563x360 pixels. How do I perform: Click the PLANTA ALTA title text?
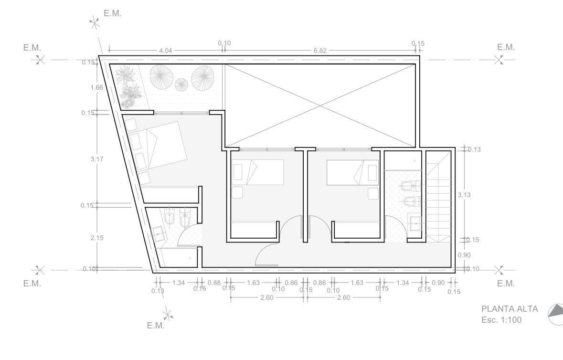pos(510,309)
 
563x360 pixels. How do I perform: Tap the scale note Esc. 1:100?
pos(501,320)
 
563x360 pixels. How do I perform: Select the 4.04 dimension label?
pos(166,51)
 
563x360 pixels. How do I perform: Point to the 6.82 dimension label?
pos(320,51)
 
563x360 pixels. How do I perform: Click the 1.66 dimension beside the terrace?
pos(97,87)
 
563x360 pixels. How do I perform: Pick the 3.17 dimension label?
pos(97,159)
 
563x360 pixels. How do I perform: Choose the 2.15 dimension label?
pos(97,238)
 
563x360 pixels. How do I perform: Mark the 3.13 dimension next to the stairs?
pos(464,195)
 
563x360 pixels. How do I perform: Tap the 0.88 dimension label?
pos(214,283)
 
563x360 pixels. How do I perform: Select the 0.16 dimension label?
pos(200,288)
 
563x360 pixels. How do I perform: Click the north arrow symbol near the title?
pos(555,315)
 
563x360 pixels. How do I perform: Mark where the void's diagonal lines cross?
pos(320,106)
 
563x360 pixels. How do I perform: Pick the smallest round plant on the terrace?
pos(181,85)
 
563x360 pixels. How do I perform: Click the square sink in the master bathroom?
pos(159,235)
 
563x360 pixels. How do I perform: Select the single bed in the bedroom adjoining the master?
pos(258,173)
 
